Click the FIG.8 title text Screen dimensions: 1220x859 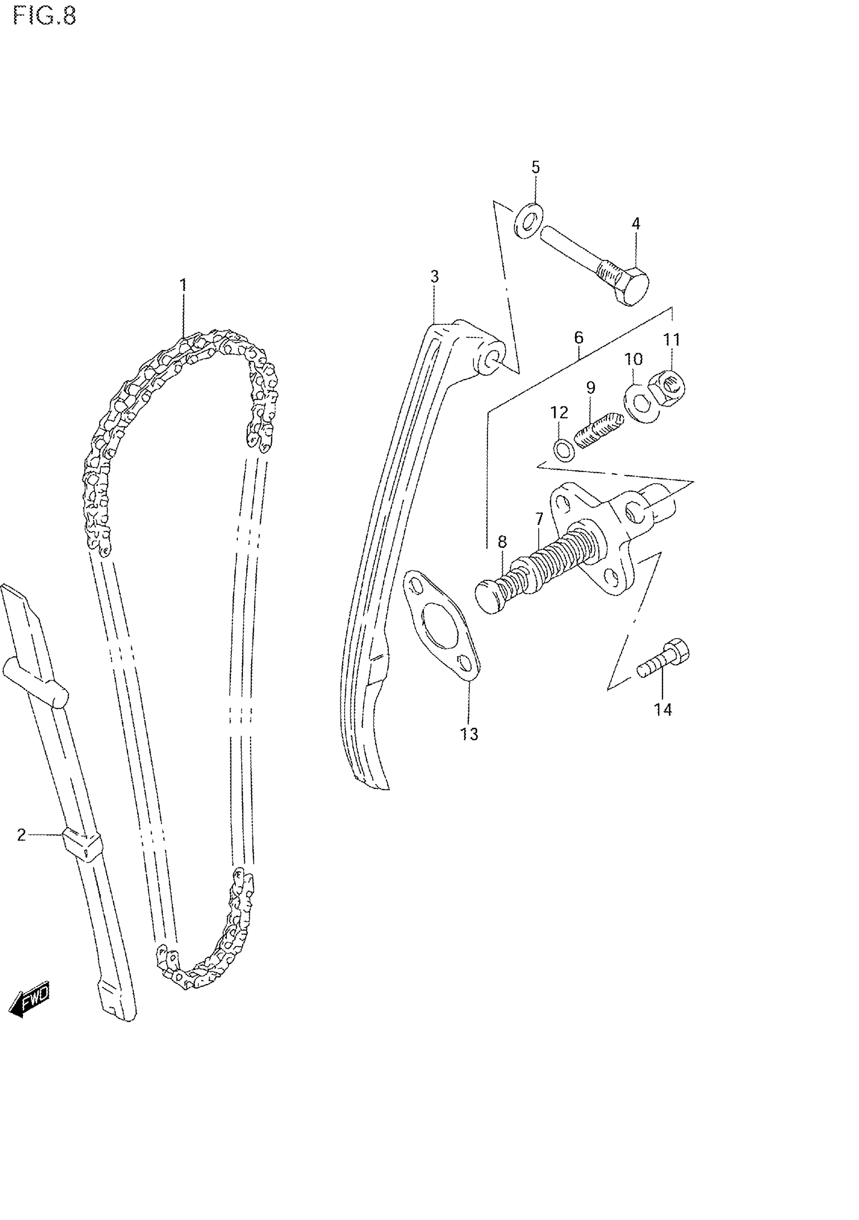[44, 17]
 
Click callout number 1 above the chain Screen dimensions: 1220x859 [183, 286]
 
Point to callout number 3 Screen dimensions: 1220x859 [434, 276]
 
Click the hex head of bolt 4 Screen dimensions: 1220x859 [632, 287]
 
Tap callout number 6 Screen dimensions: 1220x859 [579, 337]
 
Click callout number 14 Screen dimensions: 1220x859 [663, 709]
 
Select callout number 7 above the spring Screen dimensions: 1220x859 [539, 518]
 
